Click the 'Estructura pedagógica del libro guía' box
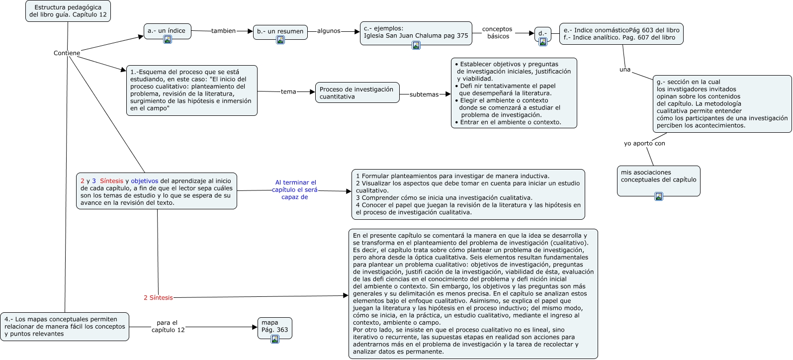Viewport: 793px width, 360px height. tap(68, 11)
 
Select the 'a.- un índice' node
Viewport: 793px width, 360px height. tap(167, 31)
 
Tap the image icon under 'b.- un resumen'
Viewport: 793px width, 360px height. tap(280, 40)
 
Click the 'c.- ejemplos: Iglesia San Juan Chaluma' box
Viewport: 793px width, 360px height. tap(416, 32)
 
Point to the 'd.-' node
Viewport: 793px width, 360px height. tap(542, 33)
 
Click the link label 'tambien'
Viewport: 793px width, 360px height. tap(223, 31)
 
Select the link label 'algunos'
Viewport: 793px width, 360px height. tap(329, 31)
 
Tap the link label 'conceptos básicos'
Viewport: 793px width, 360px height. tap(497, 33)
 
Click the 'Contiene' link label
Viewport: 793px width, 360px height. tap(67, 53)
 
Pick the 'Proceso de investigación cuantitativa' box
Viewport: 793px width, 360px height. tap(357, 93)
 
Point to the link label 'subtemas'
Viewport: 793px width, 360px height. tap(424, 94)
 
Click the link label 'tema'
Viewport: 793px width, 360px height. tap(288, 91)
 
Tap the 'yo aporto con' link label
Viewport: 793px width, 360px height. tap(644, 144)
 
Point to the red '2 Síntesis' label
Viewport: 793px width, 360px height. tap(158, 298)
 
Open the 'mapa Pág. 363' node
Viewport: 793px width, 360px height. tap(274, 327)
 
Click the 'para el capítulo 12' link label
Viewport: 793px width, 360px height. tap(168, 327)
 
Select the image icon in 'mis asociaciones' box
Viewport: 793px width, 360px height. tap(658, 196)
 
